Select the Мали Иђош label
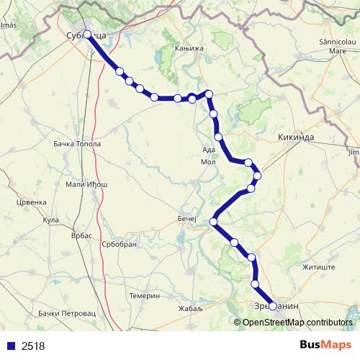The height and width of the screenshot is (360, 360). pyautogui.click(x=86, y=184)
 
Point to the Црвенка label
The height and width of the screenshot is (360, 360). pyautogui.click(x=31, y=202)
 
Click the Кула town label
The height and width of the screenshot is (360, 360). pyautogui.click(x=50, y=220)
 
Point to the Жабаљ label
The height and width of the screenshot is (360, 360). pyautogui.click(x=191, y=308)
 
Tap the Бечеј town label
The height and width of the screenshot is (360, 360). pyautogui.click(x=186, y=217)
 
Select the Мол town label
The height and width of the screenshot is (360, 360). pyautogui.click(x=208, y=162)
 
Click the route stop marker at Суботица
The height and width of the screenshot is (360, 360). pyautogui.click(x=87, y=34)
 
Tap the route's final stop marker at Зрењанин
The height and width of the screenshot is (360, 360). pyautogui.click(x=272, y=306)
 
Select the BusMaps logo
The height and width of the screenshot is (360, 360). pyautogui.click(x=325, y=346)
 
